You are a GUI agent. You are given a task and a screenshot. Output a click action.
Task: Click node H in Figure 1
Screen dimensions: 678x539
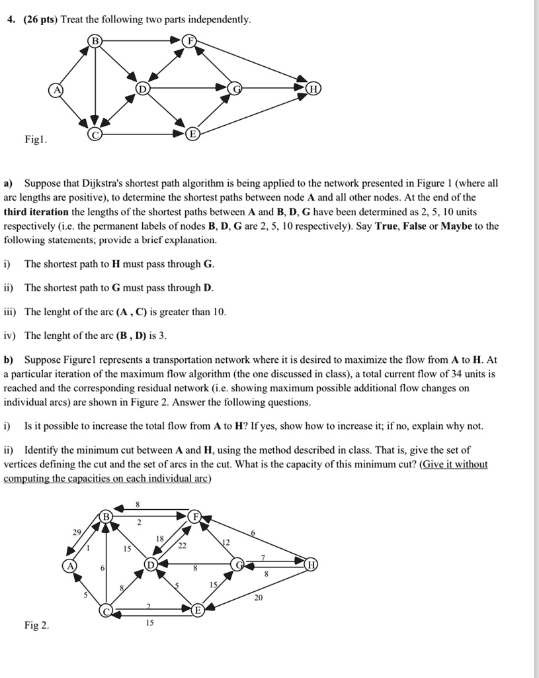click(313, 89)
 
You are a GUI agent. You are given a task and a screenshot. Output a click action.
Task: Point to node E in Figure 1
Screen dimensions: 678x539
click(192, 134)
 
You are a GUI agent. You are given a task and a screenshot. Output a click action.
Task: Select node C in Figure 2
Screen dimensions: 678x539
click(106, 611)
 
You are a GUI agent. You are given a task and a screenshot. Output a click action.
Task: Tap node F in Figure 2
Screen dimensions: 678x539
click(194, 516)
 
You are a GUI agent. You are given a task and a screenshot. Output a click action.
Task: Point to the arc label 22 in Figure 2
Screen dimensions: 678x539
click(182, 546)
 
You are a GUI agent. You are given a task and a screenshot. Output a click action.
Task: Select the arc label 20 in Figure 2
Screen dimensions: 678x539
click(257, 597)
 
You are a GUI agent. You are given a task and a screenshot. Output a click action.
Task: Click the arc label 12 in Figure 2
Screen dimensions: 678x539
click(226, 542)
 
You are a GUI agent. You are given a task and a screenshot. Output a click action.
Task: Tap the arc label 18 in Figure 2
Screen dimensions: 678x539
click(159, 540)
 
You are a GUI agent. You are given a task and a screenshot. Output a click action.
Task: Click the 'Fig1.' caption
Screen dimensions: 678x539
click(35, 141)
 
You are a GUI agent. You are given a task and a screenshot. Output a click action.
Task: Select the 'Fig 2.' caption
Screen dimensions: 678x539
click(36, 625)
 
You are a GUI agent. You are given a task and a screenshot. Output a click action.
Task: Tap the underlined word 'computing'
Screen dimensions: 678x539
click(28, 478)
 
